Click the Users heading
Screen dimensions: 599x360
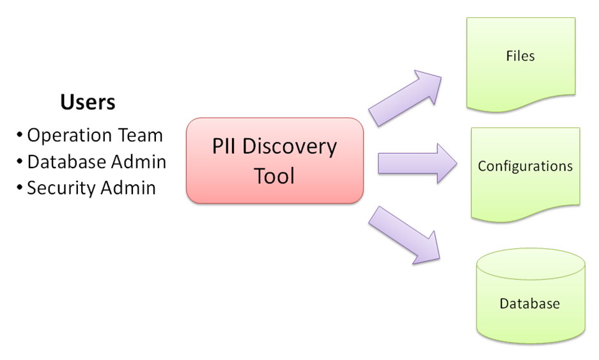(88, 102)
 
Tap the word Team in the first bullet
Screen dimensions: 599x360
(140, 136)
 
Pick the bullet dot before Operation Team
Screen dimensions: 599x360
(20, 136)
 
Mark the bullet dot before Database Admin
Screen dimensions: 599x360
(20, 162)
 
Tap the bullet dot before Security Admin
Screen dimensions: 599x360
(20, 187)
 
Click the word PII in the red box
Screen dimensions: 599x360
(224, 146)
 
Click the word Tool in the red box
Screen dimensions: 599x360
(274, 176)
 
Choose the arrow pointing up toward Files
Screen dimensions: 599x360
(405, 98)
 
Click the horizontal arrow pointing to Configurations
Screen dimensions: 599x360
(417, 164)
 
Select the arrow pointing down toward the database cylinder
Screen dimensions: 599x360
(404, 235)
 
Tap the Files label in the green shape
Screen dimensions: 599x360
(520, 56)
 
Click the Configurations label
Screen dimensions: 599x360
(525, 166)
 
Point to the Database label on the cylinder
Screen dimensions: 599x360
(530, 304)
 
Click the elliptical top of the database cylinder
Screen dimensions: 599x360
(531, 264)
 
